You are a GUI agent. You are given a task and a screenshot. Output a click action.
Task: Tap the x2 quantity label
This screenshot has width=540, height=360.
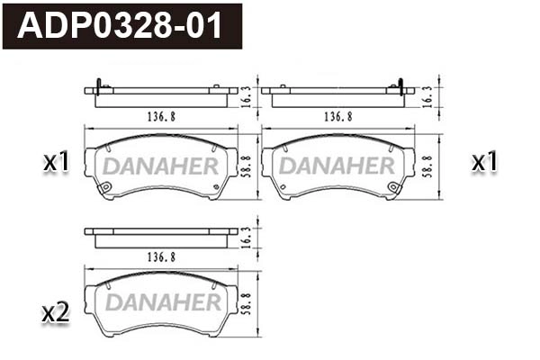tap(56, 313)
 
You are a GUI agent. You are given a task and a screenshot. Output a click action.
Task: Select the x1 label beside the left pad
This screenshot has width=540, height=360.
tap(56, 163)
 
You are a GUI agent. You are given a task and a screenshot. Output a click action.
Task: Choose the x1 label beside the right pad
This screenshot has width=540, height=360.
tap(485, 163)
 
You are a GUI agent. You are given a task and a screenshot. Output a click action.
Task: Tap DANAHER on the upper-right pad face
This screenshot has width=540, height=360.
tap(337, 166)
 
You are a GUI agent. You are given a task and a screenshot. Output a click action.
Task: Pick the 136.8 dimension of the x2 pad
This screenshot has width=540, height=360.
tap(159, 256)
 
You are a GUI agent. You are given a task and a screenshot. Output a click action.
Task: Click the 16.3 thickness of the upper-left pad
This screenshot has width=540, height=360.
tap(247, 95)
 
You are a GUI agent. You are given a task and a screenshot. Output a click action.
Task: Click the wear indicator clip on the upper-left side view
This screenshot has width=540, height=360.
tap(96, 85)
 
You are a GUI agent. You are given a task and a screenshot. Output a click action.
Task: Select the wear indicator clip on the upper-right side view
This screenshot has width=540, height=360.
tap(400, 86)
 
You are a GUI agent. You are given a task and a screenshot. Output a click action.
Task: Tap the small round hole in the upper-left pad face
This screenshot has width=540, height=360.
tap(105, 187)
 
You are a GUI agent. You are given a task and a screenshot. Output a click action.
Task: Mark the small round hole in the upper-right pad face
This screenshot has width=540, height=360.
tap(393, 187)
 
